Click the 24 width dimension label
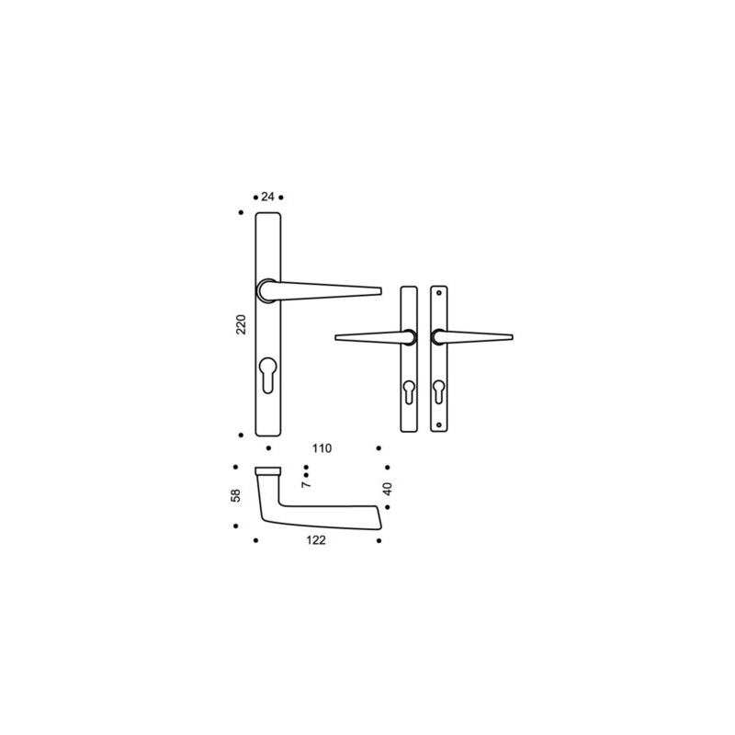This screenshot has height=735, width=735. pyautogui.click(x=267, y=197)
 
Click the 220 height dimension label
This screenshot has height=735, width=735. pyautogui.click(x=241, y=324)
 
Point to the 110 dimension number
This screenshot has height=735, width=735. pyautogui.click(x=322, y=448)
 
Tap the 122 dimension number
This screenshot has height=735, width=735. pyautogui.click(x=316, y=540)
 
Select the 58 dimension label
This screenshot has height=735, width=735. pyautogui.click(x=236, y=495)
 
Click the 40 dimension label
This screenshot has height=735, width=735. pyautogui.click(x=387, y=489)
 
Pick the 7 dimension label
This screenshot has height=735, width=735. pyautogui.click(x=306, y=484)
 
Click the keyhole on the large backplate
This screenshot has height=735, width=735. pyautogui.click(x=267, y=375)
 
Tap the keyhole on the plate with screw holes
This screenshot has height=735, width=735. pyautogui.click(x=439, y=391)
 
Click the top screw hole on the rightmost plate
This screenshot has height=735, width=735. pyautogui.click(x=439, y=293)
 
